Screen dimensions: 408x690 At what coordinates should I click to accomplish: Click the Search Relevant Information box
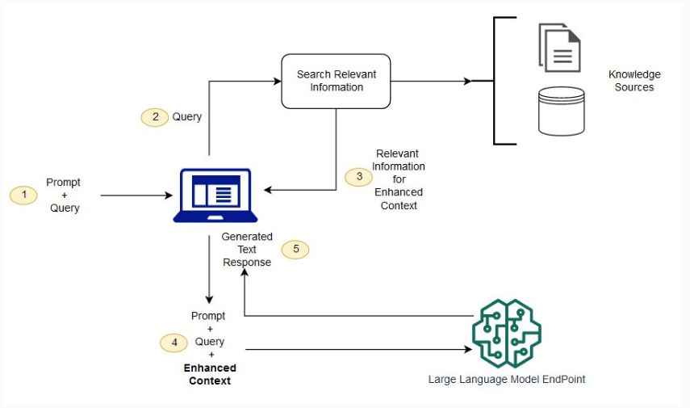pos(336,81)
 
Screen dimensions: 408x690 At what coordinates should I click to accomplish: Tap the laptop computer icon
pos(215,196)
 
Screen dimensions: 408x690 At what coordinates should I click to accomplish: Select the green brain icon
pos(506,332)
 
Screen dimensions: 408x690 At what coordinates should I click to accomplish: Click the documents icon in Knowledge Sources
pos(559,48)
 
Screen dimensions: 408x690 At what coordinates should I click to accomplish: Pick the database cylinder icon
pos(561,111)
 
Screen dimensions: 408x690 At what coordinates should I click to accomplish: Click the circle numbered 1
pos(24,195)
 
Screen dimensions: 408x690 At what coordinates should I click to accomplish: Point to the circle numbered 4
pos(174,342)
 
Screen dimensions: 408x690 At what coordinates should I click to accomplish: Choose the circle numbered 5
pos(295,249)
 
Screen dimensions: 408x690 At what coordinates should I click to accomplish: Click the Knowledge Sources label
pos(634,81)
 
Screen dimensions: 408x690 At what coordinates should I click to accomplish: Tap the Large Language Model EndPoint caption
pos(506,379)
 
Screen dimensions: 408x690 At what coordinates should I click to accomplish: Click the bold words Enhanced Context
pos(210,374)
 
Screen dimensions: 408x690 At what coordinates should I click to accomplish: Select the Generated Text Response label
pos(247,250)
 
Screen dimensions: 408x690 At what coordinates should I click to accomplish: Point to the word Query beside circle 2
pos(187,117)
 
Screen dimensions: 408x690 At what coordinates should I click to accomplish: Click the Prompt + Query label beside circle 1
pos(64,196)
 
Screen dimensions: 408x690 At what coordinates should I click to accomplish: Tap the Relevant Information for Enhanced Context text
pos(398,179)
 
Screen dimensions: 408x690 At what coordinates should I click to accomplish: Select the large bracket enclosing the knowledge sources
pos(496,81)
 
